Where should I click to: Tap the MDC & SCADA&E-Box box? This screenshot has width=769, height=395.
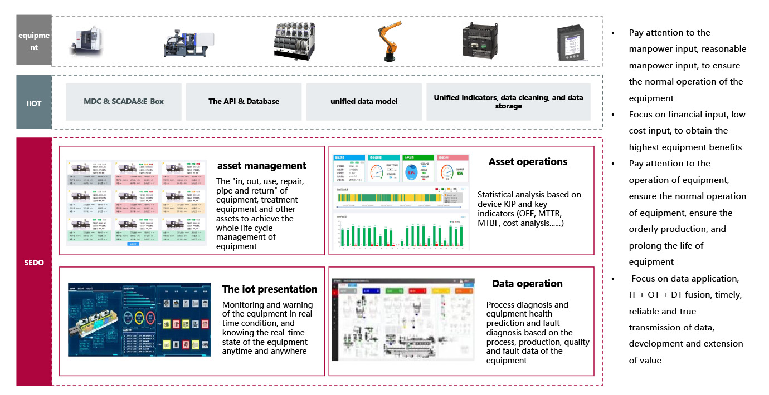124,102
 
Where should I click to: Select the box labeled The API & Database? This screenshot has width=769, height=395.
244,102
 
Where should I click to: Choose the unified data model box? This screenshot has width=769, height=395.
363,102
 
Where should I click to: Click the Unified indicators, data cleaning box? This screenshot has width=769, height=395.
508,102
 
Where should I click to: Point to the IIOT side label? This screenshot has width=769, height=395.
34,102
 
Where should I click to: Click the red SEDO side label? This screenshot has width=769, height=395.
34,262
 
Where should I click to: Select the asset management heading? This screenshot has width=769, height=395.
262,166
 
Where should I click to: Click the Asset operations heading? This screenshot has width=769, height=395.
528,162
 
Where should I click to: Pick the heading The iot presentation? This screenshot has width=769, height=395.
270,289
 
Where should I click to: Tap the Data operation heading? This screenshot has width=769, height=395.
527,284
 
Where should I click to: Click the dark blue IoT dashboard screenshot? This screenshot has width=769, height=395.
139,319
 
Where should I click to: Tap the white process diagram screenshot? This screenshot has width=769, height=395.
403,319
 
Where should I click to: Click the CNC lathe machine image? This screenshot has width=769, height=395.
87,42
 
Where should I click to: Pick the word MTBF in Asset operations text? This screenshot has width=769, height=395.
491,223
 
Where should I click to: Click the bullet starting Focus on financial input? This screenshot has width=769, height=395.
687,131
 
